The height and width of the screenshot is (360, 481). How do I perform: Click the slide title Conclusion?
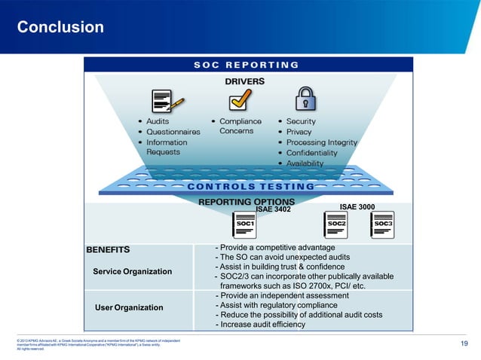(60, 28)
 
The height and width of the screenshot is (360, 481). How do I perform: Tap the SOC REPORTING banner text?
(246, 65)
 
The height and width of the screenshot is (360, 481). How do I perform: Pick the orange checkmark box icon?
(240, 99)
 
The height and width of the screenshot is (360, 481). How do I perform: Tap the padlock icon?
(305, 99)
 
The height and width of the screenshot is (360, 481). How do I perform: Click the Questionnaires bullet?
(173, 131)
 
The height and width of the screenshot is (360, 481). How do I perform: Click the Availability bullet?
(305, 163)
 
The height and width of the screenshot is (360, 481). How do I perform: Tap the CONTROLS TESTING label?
(250, 186)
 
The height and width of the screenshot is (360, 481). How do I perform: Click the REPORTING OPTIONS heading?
(246, 202)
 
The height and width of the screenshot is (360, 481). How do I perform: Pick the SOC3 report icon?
(382, 224)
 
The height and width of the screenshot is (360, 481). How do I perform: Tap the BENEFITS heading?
(108, 249)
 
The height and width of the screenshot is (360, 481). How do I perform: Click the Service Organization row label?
(132, 271)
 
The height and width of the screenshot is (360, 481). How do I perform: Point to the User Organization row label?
(128, 307)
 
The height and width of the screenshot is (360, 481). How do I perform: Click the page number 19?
(464, 345)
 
